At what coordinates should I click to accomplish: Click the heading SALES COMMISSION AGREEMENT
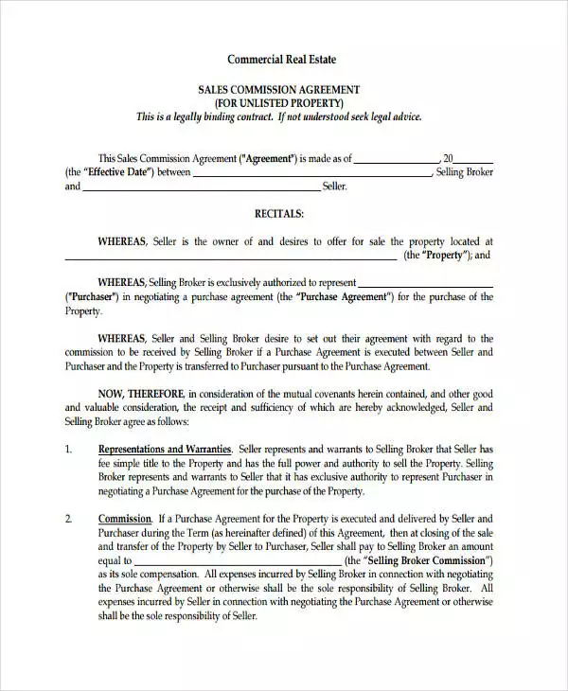[278, 89]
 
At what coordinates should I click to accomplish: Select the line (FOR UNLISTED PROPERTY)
[278, 102]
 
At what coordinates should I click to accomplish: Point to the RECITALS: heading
[278, 214]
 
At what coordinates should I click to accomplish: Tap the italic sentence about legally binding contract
[278, 116]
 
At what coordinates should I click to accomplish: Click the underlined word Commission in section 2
[124, 519]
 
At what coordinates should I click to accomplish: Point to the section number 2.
[68, 519]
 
